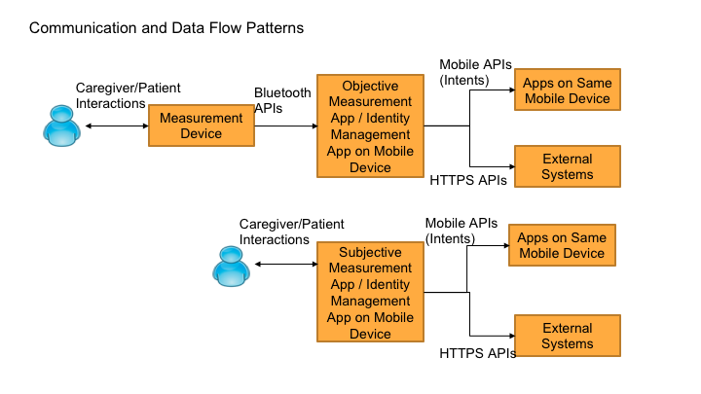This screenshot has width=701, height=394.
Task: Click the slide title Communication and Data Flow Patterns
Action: (x=166, y=28)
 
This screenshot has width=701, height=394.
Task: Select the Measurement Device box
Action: (x=201, y=125)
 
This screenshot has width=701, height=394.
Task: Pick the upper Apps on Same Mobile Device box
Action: (x=567, y=90)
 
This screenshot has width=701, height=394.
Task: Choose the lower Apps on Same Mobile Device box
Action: (x=561, y=245)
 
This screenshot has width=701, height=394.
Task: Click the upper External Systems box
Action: (x=567, y=166)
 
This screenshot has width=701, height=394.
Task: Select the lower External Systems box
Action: (x=567, y=336)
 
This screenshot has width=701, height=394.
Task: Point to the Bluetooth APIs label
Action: (x=282, y=101)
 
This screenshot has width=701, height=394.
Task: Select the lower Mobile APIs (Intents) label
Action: (x=462, y=231)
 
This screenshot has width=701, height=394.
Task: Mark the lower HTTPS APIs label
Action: (x=477, y=352)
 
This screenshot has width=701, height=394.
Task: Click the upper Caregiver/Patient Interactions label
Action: (x=127, y=95)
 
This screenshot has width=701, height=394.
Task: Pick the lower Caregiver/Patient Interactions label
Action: (x=291, y=232)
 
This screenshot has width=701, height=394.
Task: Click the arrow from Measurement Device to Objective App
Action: (x=284, y=125)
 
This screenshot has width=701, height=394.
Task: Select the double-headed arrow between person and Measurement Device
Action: (x=116, y=125)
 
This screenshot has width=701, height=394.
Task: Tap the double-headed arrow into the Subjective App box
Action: (x=286, y=264)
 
